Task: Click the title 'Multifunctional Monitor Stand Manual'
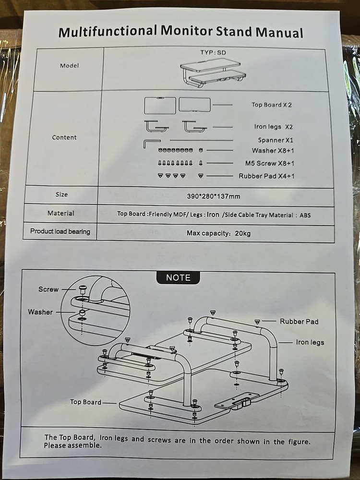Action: click(180, 32)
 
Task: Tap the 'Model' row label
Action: click(69, 66)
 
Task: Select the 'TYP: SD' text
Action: click(213, 52)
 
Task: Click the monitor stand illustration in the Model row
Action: click(211, 72)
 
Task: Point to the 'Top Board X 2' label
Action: click(271, 105)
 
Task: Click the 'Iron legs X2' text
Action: click(273, 127)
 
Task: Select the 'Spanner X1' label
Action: click(275, 140)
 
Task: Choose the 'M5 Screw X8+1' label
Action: click(269, 163)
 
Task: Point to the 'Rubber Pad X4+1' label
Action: click(266, 176)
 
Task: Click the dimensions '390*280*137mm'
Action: click(213, 196)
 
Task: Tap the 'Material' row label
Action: click(61, 213)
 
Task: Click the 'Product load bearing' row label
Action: click(60, 231)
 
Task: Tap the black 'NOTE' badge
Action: click(178, 277)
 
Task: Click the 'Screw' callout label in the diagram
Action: click(48, 289)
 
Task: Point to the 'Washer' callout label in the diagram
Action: click(40, 312)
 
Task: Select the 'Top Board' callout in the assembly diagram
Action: click(85, 402)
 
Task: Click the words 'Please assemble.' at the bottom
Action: click(72, 445)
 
